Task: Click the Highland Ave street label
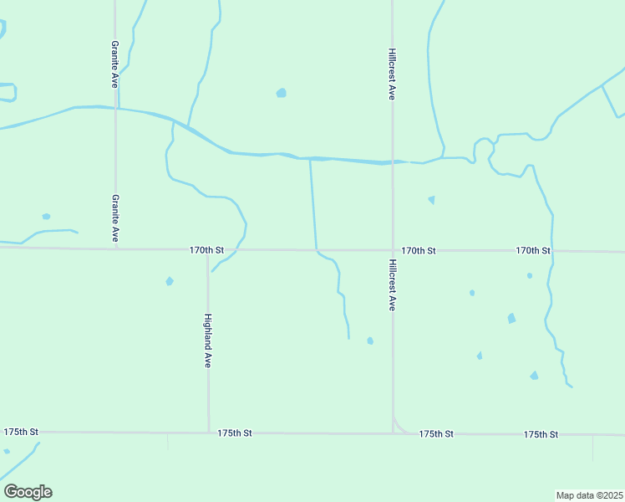coord(208,341)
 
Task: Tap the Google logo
coord(28,492)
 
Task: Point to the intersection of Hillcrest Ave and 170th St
coord(393,250)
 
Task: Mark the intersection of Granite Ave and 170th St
coord(115,248)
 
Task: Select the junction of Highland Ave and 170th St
coord(208,249)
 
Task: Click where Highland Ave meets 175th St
coord(208,433)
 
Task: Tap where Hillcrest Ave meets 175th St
coord(394,433)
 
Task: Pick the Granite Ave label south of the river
coord(115,218)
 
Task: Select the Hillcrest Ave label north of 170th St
coord(392,74)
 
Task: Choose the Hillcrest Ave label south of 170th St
coord(392,284)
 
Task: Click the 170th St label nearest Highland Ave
coord(206,249)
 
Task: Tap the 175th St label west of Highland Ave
coord(21,432)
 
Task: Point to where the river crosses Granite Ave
coord(115,108)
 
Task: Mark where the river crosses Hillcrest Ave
coord(393,162)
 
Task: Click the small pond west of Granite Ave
coord(46,217)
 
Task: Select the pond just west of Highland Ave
coord(170,281)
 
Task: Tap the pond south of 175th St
coord(7,451)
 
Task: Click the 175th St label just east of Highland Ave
coord(235,433)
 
